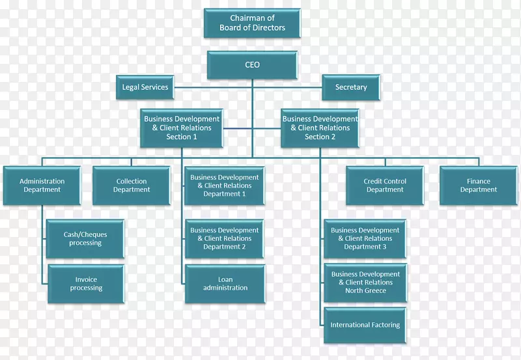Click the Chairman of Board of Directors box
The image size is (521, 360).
point(253,23)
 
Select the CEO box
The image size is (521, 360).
point(253,65)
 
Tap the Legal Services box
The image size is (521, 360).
point(145,87)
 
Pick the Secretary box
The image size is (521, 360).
point(351,87)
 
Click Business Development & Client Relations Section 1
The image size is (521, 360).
point(182,128)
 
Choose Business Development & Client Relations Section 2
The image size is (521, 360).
point(320,128)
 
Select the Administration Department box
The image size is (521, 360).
point(42,186)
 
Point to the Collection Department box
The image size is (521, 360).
point(132,186)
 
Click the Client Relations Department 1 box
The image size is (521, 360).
point(225,186)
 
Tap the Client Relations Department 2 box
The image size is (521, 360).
point(225,238)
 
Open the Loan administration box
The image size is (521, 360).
point(225,284)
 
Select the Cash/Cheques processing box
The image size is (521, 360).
point(86,239)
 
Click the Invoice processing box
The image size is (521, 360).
point(86,284)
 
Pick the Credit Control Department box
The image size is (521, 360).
point(385,186)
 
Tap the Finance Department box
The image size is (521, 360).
point(479,186)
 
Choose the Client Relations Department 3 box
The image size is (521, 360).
point(365,239)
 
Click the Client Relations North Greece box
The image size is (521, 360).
point(365,283)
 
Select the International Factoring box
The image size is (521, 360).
point(365,325)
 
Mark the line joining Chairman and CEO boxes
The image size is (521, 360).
point(253,44)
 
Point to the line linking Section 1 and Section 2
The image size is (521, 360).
point(252,128)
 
